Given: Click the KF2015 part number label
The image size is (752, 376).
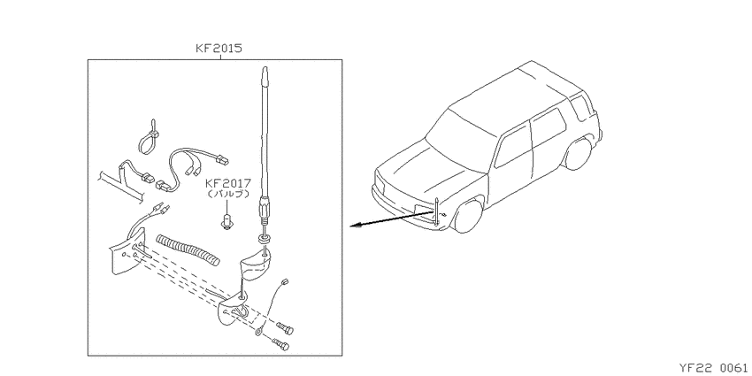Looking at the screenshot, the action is coord(219,49).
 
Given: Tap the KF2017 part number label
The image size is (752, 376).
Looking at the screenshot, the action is coord(228,183).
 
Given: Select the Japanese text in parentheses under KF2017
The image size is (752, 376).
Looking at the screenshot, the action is coord(228,195).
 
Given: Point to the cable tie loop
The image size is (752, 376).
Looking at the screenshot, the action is coord(149,140).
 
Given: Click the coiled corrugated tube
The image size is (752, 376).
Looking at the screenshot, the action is coord(188,249).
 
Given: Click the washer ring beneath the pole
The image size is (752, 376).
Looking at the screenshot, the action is coord(264,238).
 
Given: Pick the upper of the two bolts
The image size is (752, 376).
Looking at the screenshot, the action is coord(285,328).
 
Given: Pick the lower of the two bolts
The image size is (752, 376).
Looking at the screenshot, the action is coord(281,344).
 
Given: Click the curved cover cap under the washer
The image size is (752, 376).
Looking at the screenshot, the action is coord(256,267).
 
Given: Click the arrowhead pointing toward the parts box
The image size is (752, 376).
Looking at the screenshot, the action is coord(355,226).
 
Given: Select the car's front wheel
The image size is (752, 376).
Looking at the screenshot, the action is coord(468,215).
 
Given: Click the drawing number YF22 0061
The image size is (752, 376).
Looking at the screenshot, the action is coord(713,368).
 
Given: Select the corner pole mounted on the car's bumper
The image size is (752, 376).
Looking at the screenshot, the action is coord(436,212).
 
